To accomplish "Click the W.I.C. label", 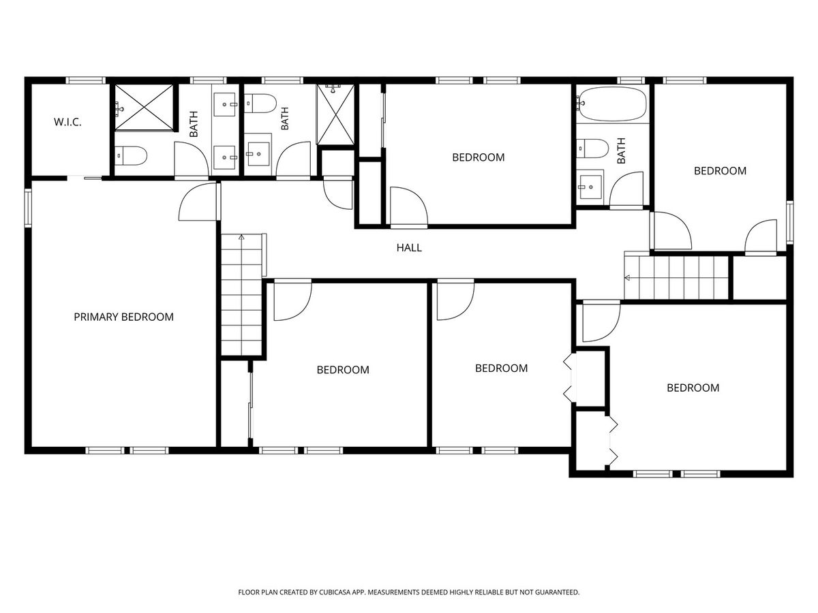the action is [67, 122].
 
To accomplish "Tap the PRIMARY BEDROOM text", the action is [124, 317].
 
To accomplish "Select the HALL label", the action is [409, 248].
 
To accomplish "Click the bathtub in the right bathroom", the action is [612, 104].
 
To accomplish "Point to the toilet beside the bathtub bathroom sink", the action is [592, 148].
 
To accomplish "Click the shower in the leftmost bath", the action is [144, 108].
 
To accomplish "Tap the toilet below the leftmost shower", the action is [130, 156].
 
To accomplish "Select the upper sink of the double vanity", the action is [225, 105].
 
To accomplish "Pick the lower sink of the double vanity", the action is [225, 157].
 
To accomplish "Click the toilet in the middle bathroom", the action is [260, 104].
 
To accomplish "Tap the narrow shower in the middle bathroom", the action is [335, 114].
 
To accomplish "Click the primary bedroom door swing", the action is [198, 202].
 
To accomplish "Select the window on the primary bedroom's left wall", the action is [29, 208].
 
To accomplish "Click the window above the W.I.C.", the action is [86, 80].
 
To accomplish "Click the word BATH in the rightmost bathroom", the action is [621, 151].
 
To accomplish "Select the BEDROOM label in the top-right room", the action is [720, 171].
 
